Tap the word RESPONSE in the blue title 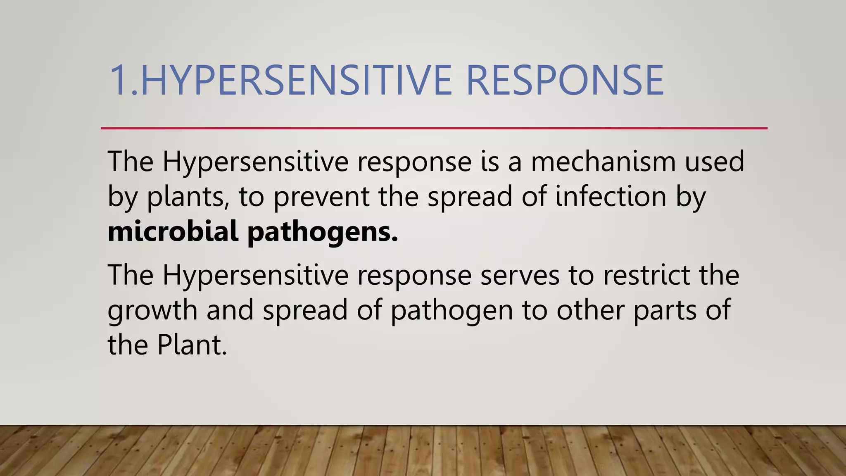564,80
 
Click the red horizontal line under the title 434,129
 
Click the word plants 185,197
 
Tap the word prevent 321,197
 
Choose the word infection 611,197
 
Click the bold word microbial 173,231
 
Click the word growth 152,310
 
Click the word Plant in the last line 192,345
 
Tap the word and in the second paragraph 230,310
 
